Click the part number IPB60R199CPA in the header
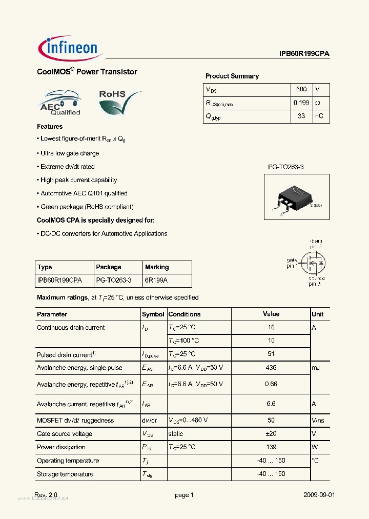(304, 53)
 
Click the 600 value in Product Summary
(301, 89)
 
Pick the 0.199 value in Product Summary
(301, 103)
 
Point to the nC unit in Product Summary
(319, 116)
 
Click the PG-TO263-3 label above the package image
(289, 167)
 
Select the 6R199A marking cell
(156, 281)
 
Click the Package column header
(109, 267)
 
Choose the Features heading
(50, 127)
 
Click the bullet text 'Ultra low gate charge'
(70, 153)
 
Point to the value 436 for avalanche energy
(271, 367)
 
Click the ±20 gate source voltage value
(271, 434)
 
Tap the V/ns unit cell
(318, 421)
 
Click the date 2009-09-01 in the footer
(319, 495)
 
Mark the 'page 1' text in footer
(184, 495)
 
